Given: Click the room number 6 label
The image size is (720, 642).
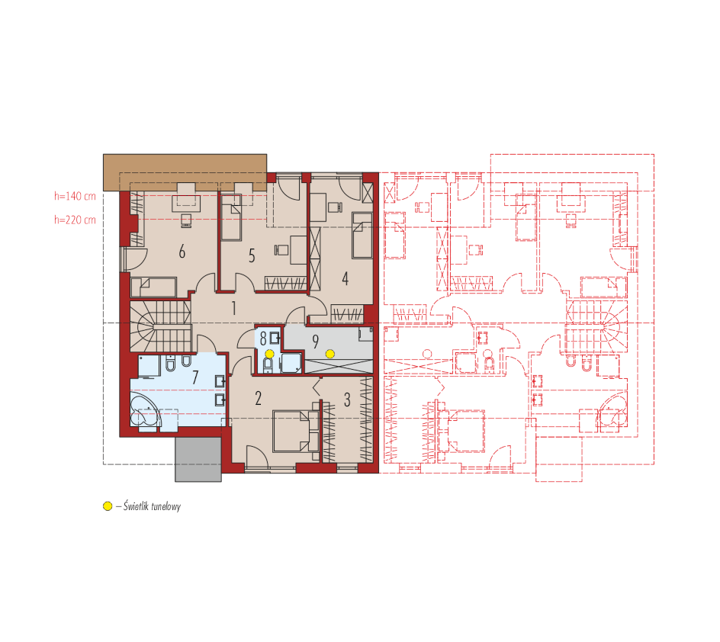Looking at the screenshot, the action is tap(182, 252).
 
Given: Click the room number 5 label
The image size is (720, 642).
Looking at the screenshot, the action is tap(252, 255).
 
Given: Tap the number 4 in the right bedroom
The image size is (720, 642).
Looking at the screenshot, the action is tap(346, 278).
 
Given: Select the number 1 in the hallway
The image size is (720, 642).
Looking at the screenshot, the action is tap(233, 308).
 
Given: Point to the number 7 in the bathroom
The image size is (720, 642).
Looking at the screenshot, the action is tap(195, 377).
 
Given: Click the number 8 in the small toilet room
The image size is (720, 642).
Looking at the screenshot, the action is tap(263, 339).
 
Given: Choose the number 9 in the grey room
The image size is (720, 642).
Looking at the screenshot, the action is tap(316, 342).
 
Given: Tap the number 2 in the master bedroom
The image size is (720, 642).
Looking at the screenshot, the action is tap(258, 398).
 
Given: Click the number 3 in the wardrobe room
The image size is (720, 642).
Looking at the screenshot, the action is tap(347, 400).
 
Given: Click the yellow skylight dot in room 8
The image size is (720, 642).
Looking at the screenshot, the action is tap(269, 354).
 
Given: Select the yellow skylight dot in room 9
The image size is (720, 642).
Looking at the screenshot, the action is tap(330, 354).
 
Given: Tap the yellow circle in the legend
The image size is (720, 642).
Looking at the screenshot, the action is tap(108, 506).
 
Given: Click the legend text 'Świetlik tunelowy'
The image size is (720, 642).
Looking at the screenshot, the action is tap(152, 506).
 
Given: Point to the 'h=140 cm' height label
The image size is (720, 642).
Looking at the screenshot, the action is tap(76, 197).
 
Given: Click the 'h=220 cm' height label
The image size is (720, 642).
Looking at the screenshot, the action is tap(76, 220).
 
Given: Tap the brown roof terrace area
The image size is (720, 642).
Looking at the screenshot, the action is tap(185, 172).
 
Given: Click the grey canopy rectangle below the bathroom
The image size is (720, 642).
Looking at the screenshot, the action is tap(198, 459).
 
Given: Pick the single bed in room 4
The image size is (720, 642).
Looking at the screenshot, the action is tap(362, 235).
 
